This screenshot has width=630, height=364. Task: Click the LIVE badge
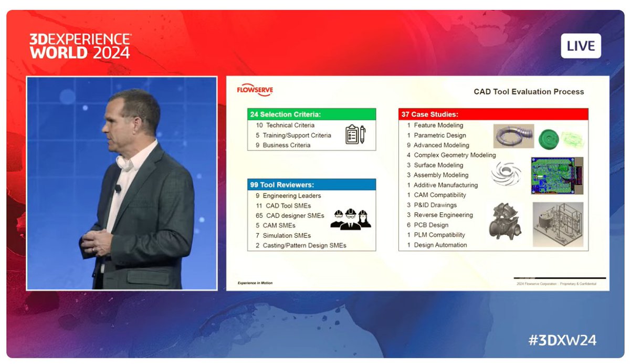(580, 46)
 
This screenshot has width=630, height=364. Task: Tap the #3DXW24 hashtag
(562, 340)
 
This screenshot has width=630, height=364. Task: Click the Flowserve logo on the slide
(255, 91)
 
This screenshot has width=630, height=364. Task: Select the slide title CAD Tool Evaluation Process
(529, 92)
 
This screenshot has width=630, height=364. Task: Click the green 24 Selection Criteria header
(311, 114)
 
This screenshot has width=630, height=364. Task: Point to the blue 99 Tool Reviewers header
(311, 185)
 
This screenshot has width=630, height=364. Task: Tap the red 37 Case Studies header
(493, 114)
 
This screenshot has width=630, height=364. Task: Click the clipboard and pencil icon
(355, 134)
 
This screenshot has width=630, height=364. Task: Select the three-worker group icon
(351, 219)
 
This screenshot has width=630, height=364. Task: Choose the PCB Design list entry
(431, 225)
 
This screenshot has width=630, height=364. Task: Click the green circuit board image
(557, 175)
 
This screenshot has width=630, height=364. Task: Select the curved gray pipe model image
(513, 136)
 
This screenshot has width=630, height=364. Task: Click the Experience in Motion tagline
(255, 283)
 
